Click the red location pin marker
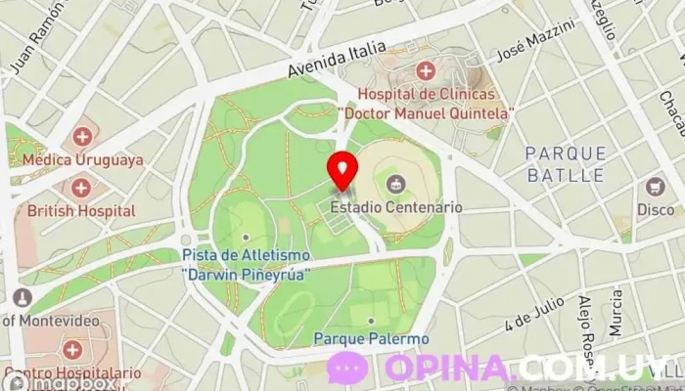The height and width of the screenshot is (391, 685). point(342,170)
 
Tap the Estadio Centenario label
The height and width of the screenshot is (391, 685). point(395,207)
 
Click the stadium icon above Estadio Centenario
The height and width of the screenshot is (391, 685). point(395,183)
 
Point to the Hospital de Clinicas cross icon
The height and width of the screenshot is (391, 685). point(425,70)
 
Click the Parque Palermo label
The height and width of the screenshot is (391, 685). point(371,338)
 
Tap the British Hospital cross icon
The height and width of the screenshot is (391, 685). point(81,187)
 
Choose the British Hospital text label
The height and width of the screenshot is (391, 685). point(81,210)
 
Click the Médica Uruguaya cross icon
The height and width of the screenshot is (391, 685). point(82,137)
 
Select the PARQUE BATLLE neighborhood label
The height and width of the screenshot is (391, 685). point(566,164)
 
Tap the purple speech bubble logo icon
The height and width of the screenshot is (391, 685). point(347,369)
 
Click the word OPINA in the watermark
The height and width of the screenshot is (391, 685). point(448,369)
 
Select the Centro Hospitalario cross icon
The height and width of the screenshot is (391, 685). point(70,349)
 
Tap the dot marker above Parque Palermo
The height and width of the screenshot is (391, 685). point(371,320)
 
